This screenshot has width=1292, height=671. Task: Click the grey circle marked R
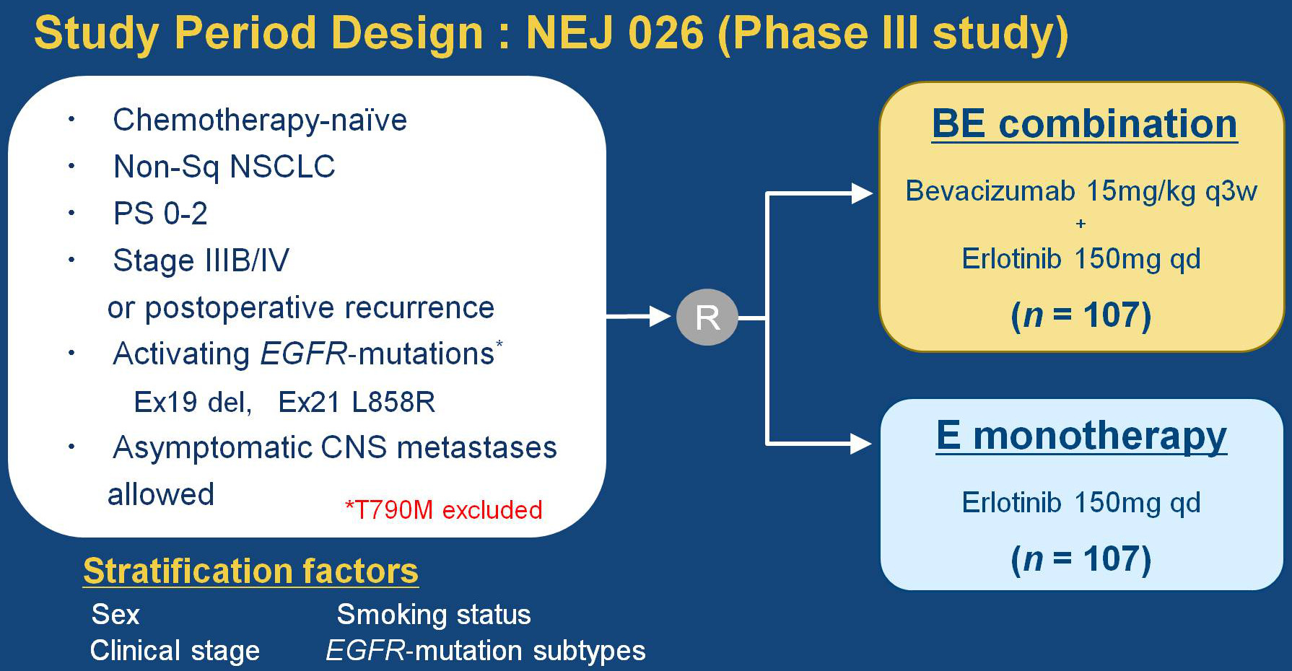(707, 317)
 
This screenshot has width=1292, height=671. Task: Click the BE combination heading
(1084, 123)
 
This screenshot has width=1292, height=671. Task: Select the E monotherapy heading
(1081, 436)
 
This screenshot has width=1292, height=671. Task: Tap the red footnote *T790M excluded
(443, 509)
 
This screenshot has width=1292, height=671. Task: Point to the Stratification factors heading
(250, 571)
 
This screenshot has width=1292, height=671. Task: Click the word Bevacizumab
(990, 191)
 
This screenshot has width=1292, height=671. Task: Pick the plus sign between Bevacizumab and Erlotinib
(1081, 224)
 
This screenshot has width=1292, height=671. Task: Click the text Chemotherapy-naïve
(260, 120)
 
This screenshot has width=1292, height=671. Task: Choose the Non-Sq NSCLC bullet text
(224, 167)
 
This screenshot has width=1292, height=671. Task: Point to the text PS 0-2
(160, 214)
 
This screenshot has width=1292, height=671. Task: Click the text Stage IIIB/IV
(201, 260)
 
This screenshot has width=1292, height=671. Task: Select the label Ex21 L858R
(357, 402)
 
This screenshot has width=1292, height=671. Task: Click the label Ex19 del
(193, 402)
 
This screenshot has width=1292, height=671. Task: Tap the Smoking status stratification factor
(433, 615)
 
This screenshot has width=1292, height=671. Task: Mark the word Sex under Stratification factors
(115, 615)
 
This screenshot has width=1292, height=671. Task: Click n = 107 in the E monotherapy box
(1081, 559)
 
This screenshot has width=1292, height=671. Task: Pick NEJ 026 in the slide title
(614, 33)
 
